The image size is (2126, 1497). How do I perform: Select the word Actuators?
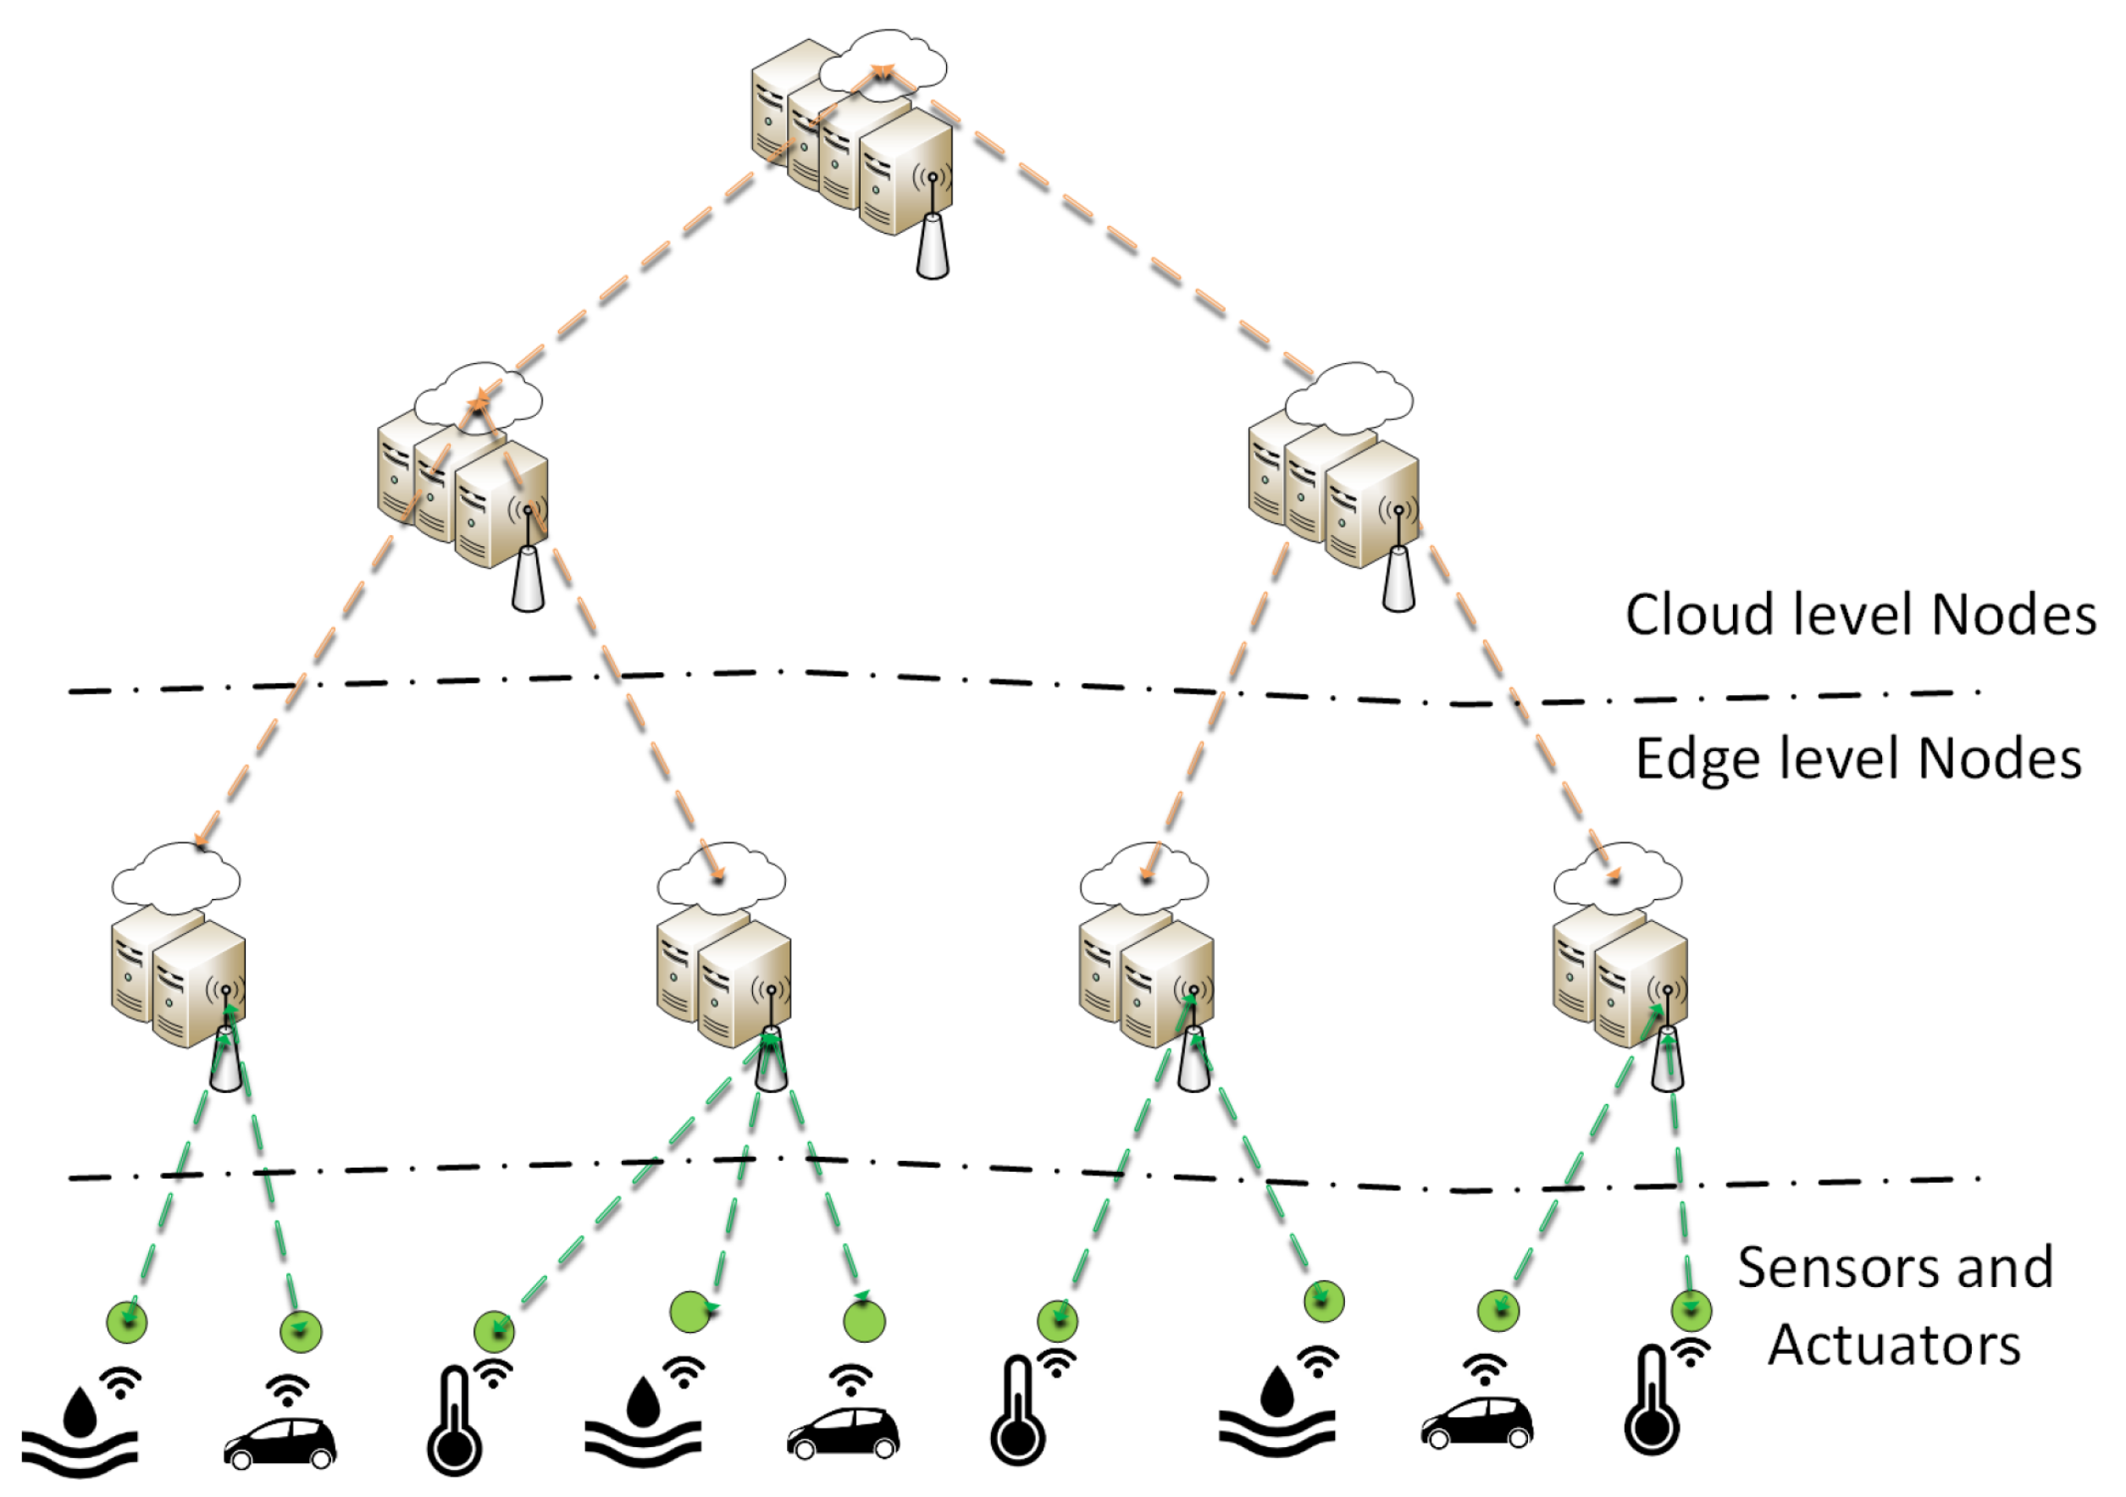tap(1895, 1345)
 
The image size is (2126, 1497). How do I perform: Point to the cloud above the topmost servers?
tap(884, 63)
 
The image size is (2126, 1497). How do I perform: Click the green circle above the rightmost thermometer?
tap(1691, 1311)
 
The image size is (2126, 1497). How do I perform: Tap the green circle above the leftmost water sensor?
tap(128, 1321)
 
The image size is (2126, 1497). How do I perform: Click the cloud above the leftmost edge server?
tap(176, 876)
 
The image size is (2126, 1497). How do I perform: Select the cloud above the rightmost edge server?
tap(1618, 876)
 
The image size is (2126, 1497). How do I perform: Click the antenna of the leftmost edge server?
tap(226, 1061)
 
